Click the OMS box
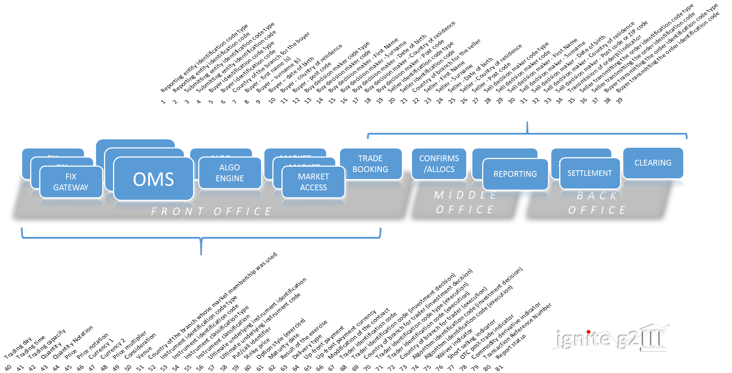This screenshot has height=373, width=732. [153, 179]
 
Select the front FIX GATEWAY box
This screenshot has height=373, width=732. [71, 182]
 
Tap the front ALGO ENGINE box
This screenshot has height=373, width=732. [230, 173]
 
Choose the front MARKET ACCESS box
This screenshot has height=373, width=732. [313, 182]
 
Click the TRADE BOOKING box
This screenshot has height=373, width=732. [370, 164]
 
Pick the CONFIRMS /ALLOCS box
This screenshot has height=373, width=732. [439, 164]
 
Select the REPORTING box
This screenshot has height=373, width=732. [515, 174]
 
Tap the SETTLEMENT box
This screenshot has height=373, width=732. [589, 173]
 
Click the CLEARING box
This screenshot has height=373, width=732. [653, 163]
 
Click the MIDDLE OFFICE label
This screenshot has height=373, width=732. [465, 203]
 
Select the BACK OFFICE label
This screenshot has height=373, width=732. [597, 203]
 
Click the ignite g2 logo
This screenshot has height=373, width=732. [611, 337]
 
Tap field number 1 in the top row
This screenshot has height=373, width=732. [163, 102]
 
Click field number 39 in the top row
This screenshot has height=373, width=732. [619, 100]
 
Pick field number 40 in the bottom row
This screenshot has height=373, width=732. [8, 368]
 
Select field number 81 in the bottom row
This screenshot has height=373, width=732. [499, 368]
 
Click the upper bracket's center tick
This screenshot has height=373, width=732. [527, 128]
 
